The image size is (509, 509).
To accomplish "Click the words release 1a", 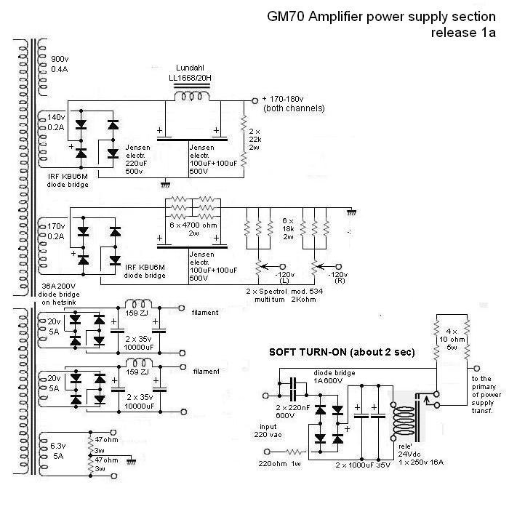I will tap(464, 33).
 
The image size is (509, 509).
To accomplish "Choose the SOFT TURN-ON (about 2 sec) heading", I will tap(342, 353).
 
